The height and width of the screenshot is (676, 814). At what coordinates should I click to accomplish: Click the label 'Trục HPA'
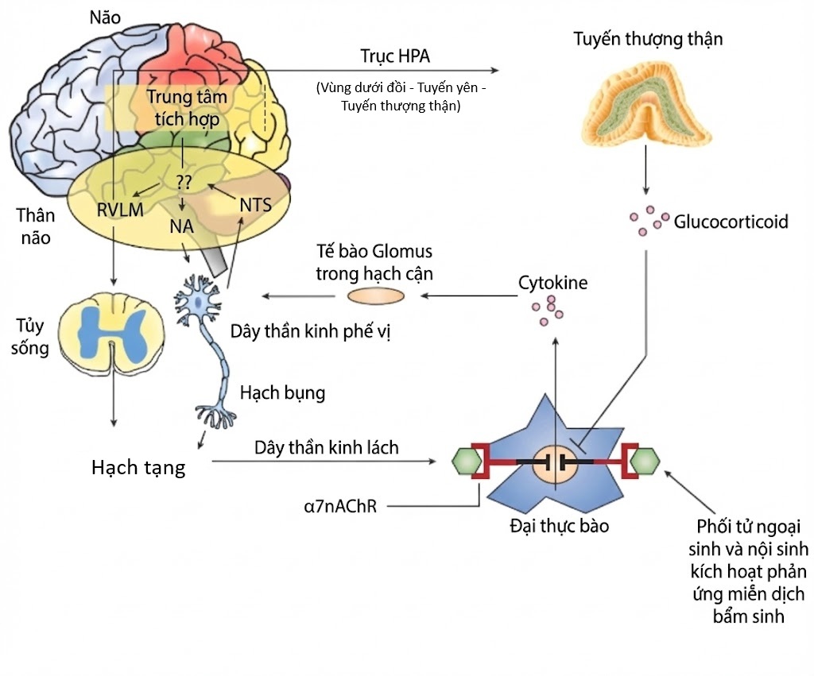coord(393,58)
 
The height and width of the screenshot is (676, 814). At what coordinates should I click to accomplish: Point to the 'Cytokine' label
coord(552,283)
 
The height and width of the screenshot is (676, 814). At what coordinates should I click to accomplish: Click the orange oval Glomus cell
coord(377,296)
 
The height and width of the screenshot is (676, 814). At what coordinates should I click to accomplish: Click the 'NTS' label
coord(255,205)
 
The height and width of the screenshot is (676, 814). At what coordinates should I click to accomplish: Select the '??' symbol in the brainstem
coord(184,182)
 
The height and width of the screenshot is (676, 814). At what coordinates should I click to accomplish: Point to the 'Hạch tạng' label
coord(138,467)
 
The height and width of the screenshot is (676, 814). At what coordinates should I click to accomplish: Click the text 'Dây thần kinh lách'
coord(327,447)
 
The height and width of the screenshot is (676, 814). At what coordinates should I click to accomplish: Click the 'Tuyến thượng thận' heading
coord(648,39)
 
